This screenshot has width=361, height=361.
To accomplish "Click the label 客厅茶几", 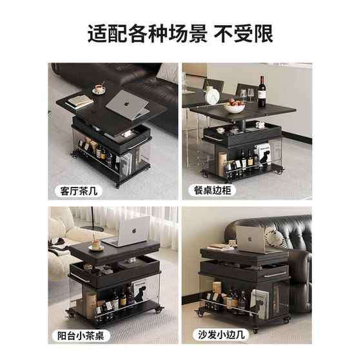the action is pyautogui.click(x=79, y=191).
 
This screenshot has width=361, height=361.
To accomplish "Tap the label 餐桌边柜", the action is pyautogui.click(x=212, y=190).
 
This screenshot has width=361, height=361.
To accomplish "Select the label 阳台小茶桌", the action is pyautogui.click(x=81, y=335).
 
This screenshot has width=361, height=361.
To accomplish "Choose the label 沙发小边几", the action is pyautogui.click(x=221, y=335).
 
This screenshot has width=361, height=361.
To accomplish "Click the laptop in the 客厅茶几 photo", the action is pyautogui.click(x=128, y=104).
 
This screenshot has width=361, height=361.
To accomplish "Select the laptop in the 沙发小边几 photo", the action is pyautogui.click(x=251, y=239).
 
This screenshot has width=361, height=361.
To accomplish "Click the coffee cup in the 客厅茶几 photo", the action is pyautogui.click(x=99, y=89).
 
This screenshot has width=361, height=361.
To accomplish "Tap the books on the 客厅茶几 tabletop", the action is pyautogui.click(x=79, y=102).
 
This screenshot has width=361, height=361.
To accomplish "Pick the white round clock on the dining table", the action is pyautogui.click(x=212, y=97).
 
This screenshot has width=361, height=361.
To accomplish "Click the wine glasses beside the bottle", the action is pyautogui.click(x=247, y=95).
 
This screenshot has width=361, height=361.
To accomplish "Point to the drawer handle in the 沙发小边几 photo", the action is pyautogui.click(x=276, y=275).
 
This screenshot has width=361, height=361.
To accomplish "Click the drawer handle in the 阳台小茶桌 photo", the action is pyautogui.click(x=80, y=278).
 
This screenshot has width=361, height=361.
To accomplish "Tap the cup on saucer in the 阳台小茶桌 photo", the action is pyautogui.click(x=96, y=246).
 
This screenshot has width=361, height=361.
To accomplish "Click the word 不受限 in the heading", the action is pyautogui.click(x=243, y=34).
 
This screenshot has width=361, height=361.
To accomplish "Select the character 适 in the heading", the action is pyautogui.click(x=97, y=34).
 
